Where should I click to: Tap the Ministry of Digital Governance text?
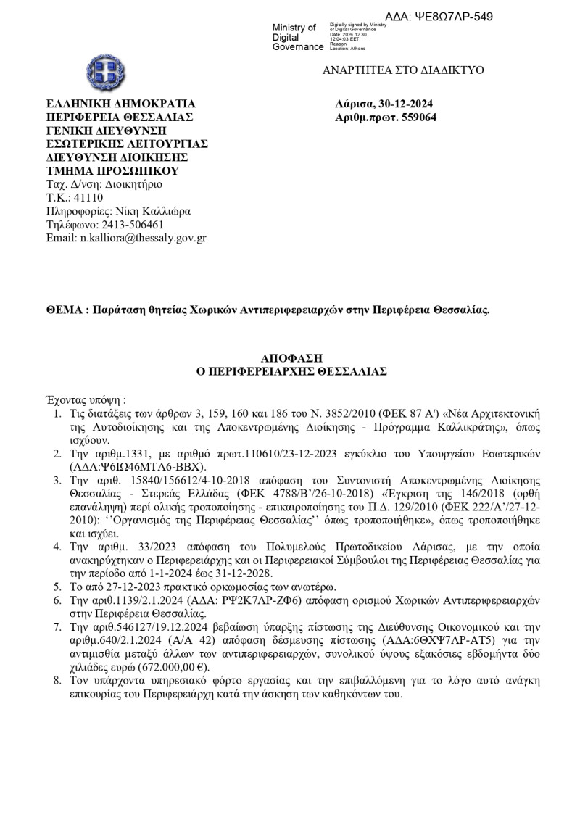tap(297, 37)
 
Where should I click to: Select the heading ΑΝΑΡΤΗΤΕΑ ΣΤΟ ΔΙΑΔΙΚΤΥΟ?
tap(403, 70)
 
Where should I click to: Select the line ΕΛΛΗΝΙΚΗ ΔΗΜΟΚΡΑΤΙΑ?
tap(115, 104)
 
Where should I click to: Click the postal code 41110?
tap(88, 198)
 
